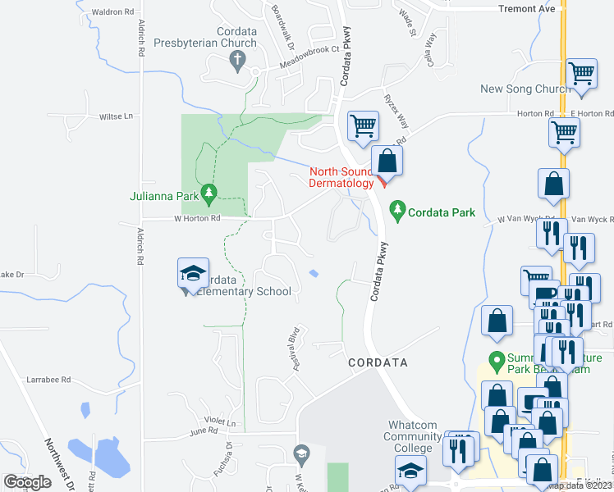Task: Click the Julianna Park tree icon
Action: [208, 194]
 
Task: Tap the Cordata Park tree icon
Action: [397, 211]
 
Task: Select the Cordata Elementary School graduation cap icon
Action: [192, 273]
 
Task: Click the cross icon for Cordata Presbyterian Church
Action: [238, 58]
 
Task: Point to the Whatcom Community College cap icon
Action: [410, 471]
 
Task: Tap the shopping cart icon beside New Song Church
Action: [581, 74]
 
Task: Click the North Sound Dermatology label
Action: [341, 177]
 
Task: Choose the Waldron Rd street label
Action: [112, 12]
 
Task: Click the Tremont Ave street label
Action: [527, 9]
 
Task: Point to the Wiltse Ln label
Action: [116, 116]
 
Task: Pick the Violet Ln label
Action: [220, 423]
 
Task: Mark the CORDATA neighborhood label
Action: [378, 362]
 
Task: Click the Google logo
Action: [27, 482]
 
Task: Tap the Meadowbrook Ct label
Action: [309, 49]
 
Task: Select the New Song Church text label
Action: [525, 89]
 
